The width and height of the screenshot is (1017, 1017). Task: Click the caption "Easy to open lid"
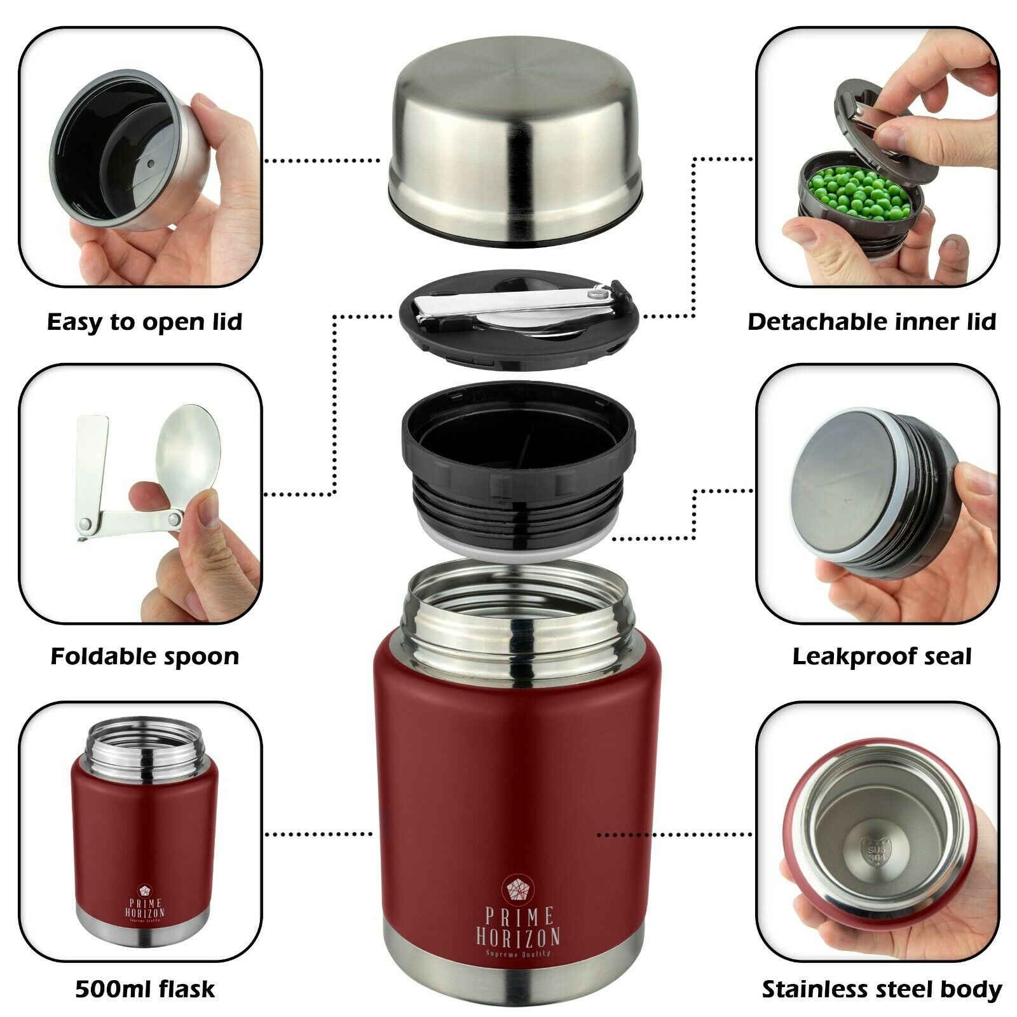(145, 322)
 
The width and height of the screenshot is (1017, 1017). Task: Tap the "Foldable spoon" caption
(145, 656)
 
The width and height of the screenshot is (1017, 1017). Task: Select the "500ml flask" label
(145, 989)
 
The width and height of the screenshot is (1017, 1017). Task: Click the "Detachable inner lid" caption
(871, 322)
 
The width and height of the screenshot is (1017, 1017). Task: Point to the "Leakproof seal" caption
(882, 656)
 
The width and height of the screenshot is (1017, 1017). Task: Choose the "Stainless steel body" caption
(882, 990)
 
